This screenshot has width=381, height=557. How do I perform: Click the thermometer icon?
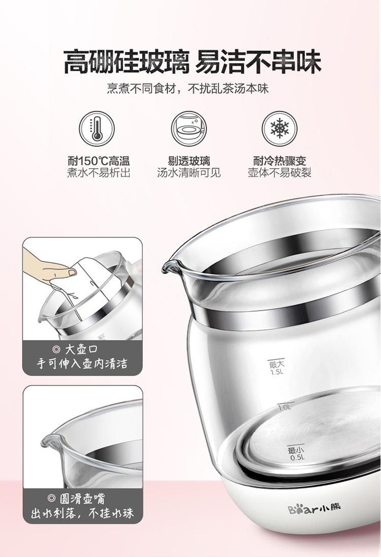[x=97, y=128]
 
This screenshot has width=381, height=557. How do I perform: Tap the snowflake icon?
[x=280, y=128]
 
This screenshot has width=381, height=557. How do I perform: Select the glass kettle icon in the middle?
[x=188, y=128]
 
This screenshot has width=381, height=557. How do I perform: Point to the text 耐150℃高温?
[x=99, y=161]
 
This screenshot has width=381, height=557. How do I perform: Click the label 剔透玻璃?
[x=189, y=161]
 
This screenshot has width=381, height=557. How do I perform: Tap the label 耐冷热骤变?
[x=280, y=161]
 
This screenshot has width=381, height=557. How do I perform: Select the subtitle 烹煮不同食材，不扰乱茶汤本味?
[x=188, y=88]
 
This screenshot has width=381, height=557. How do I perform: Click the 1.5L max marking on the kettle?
[x=277, y=367]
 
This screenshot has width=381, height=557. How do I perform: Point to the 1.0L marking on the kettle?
[x=284, y=407]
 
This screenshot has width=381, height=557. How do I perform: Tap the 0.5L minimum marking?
[x=297, y=454]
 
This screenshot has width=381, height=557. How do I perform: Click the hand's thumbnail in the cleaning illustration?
[x=73, y=272]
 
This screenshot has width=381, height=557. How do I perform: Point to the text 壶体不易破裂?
[x=280, y=173]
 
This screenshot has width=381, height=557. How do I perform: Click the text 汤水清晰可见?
[x=189, y=173]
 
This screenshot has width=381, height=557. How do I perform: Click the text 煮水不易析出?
[x=99, y=173]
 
